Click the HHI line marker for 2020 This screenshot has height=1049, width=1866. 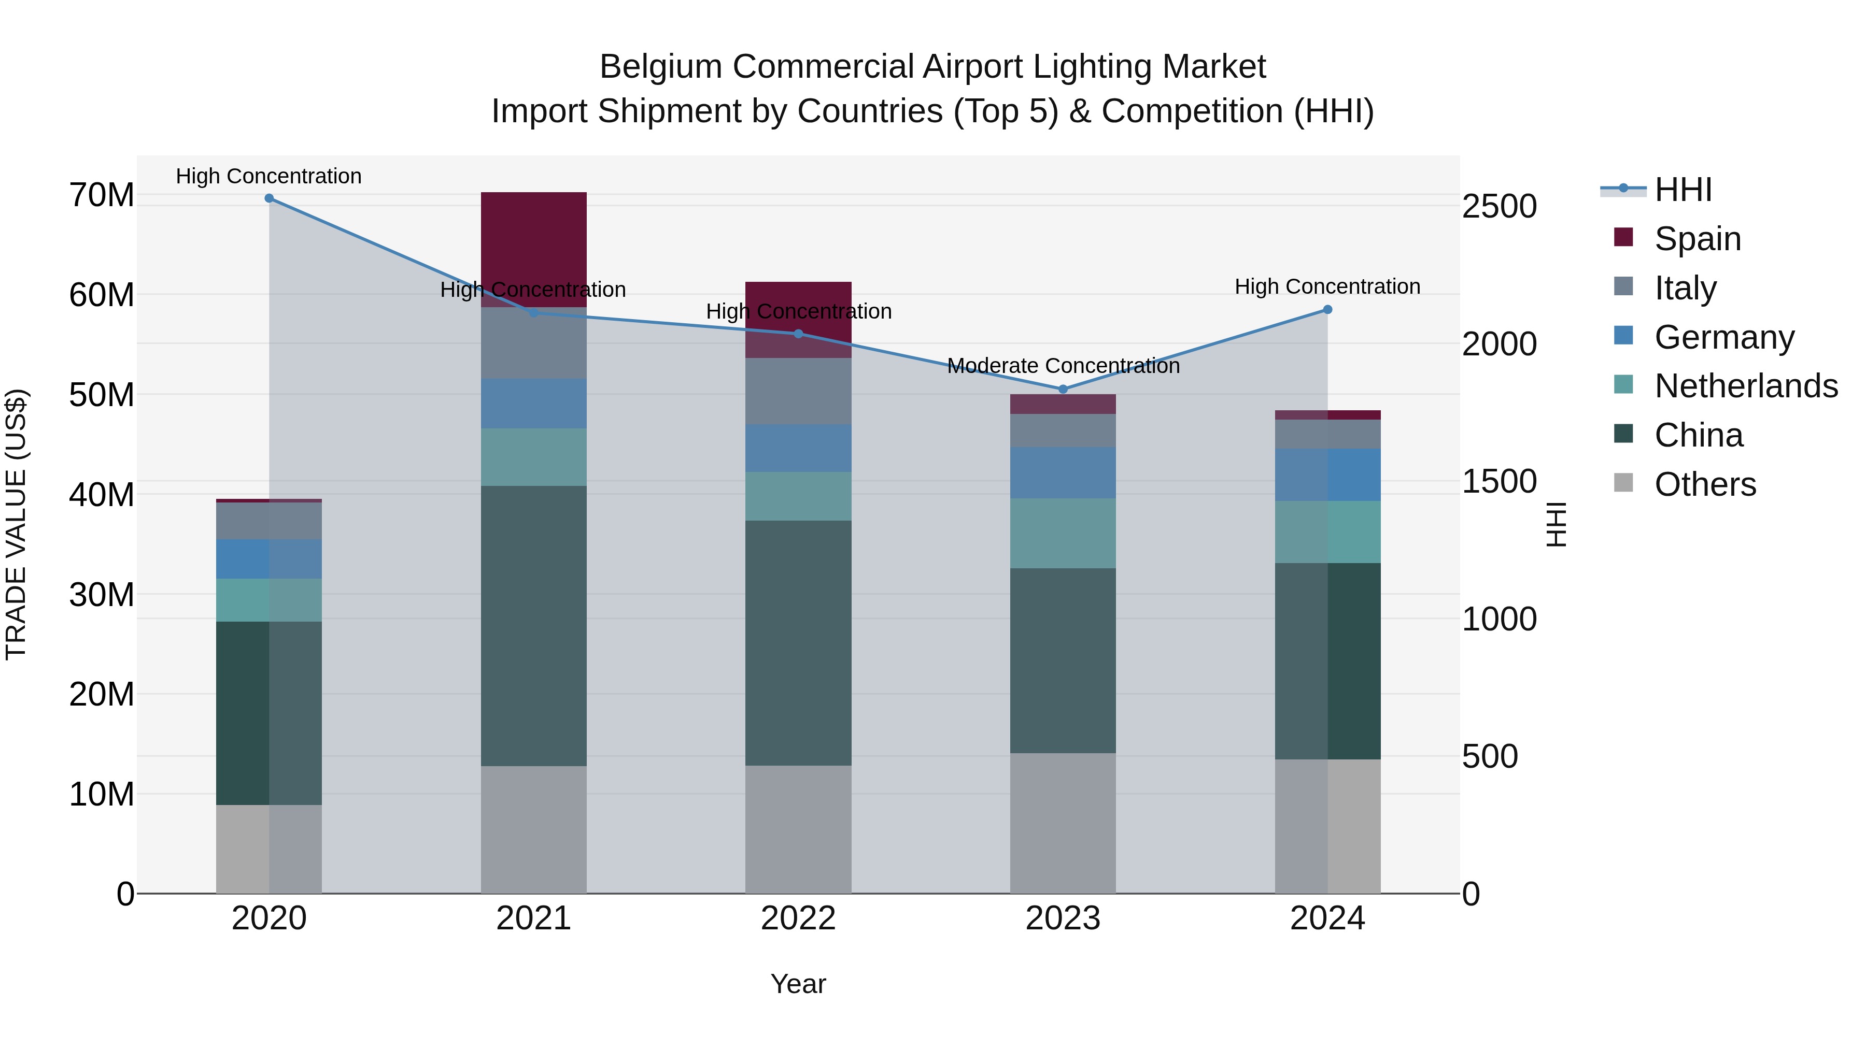tap(268, 198)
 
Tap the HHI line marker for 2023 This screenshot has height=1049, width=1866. tap(1063, 390)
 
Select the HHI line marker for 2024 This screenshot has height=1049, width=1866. tap(1327, 310)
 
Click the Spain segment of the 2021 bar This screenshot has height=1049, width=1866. tap(533, 246)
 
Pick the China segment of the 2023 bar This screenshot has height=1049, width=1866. tap(1063, 660)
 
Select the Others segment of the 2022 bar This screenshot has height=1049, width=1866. tap(798, 829)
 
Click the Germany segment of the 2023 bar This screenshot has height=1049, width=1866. tap(1063, 473)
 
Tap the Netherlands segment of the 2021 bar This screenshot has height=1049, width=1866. tap(533, 457)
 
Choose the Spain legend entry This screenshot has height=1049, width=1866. tap(1697, 239)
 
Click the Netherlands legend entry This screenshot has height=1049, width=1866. tap(1746, 386)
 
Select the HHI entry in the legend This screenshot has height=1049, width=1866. tap(1683, 190)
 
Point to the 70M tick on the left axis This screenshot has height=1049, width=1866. tap(102, 195)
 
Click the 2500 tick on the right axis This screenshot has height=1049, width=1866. tap(1499, 206)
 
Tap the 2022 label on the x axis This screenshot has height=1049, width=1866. tap(798, 918)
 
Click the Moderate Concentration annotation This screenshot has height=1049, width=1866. tap(1063, 366)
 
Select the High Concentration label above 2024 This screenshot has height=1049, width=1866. tap(1327, 286)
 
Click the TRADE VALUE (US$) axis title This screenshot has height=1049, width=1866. tap(16, 524)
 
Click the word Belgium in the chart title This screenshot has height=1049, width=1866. tap(660, 67)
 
